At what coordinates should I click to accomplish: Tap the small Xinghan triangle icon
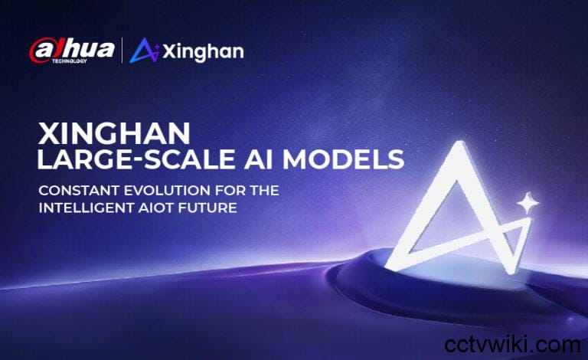coord(144,51)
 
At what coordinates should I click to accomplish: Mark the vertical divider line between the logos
coord(122,51)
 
